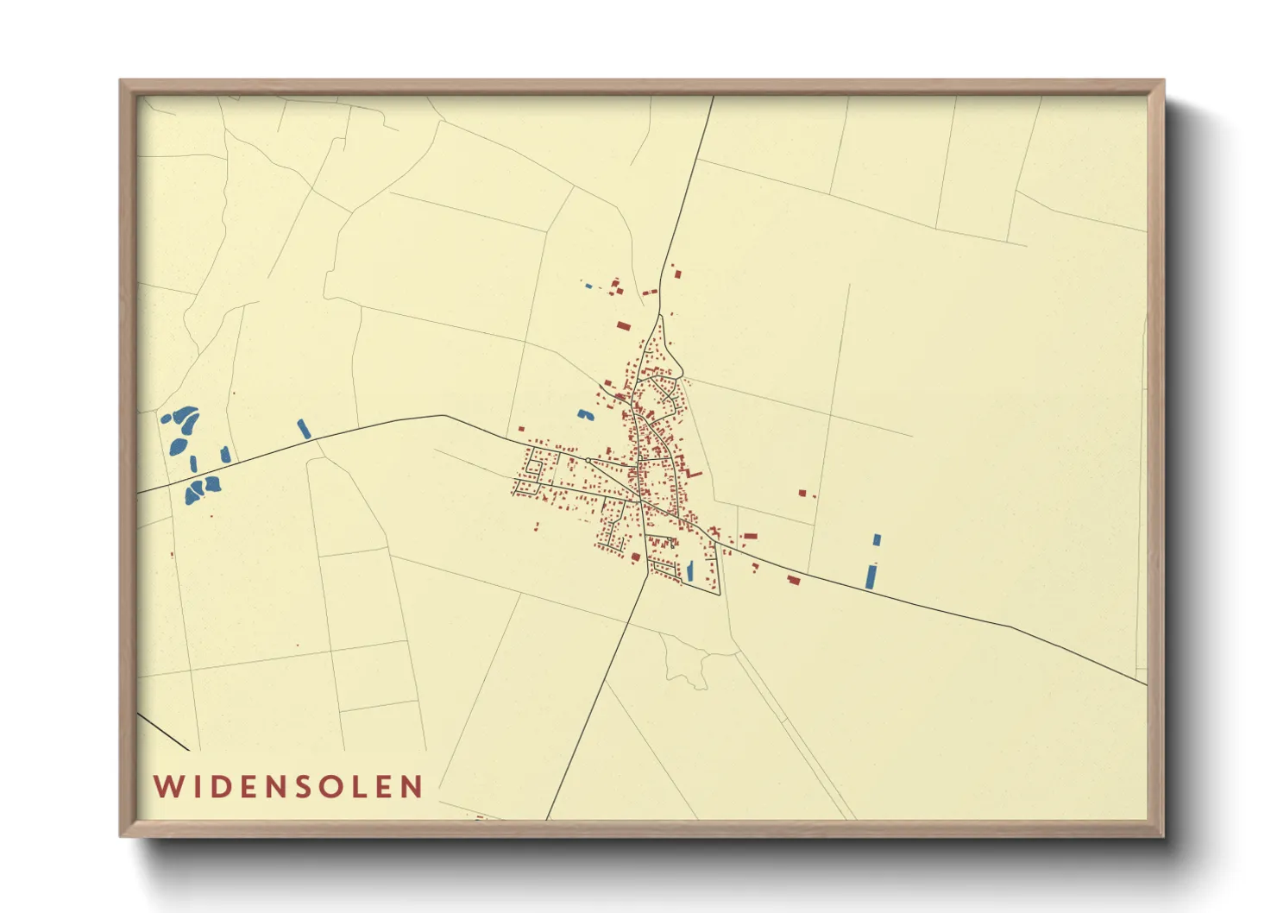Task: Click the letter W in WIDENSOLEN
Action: click(x=167, y=786)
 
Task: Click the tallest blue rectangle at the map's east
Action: click(x=871, y=576)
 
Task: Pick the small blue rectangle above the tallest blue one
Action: click(x=877, y=540)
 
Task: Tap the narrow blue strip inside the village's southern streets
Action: click(x=689, y=570)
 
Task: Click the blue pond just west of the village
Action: click(x=586, y=415)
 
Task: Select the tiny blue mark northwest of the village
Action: click(x=589, y=286)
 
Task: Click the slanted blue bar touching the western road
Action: click(x=304, y=428)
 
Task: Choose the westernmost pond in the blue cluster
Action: click(x=165, y=419)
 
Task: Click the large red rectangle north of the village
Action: click(x=624, y=326)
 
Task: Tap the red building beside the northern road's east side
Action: click(x=677, y=274)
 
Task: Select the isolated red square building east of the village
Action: click(x=802, y=493)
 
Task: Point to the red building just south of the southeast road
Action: click(x=794, y=580)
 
